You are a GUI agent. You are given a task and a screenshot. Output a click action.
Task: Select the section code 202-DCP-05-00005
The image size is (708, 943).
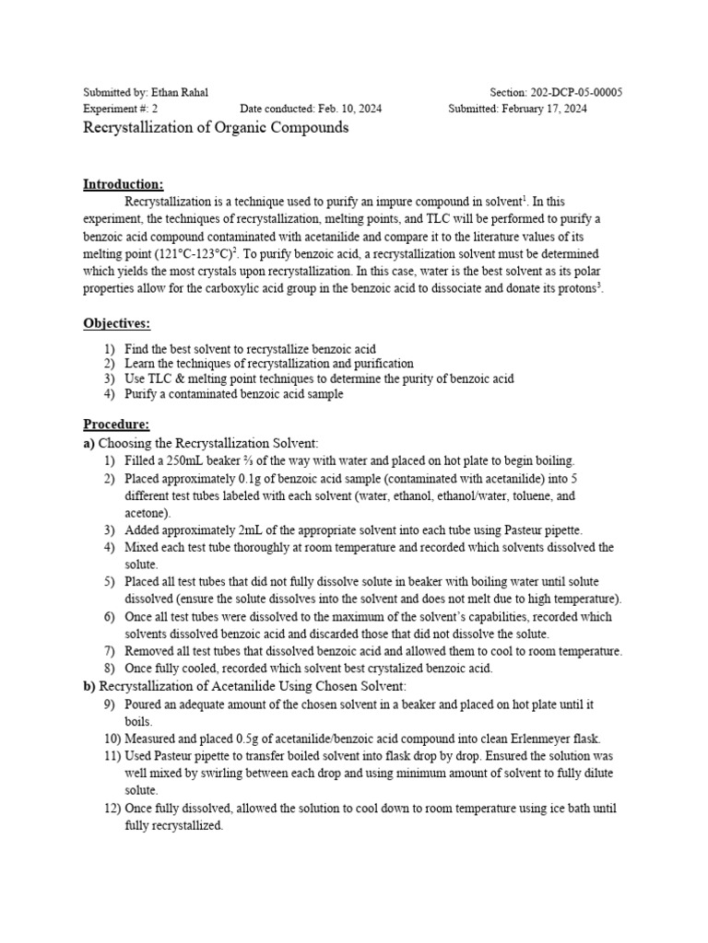(x=576, y=92)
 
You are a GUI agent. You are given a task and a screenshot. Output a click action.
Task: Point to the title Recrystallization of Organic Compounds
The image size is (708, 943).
(x=216, y=128)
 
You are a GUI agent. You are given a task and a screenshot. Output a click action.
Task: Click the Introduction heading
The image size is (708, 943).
(x=123, y=183)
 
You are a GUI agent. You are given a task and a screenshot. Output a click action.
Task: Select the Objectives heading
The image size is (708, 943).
(x=116, y=323)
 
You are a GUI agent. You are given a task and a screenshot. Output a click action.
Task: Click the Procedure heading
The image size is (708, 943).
(x=116, y=425)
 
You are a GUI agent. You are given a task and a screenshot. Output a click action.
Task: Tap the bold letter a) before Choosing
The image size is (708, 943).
(x=89, y=443)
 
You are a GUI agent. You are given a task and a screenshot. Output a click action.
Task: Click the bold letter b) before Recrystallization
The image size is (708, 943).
(x=89, y=686)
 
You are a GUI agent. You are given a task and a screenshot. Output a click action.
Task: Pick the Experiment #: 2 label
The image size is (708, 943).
(x=121, y=109)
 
